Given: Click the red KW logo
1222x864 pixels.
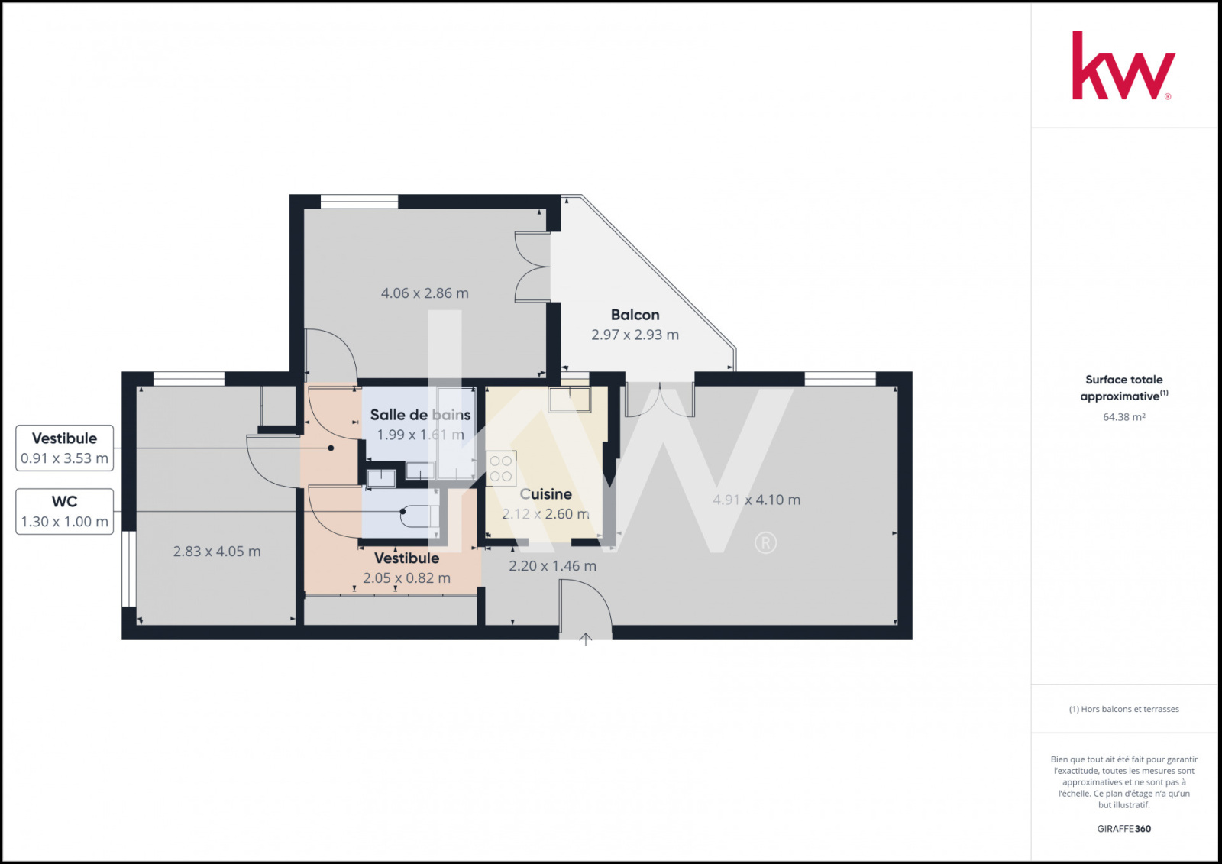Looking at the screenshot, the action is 1123,66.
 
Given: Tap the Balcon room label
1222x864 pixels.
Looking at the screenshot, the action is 635,315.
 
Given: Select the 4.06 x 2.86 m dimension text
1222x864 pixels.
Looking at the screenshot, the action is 425,293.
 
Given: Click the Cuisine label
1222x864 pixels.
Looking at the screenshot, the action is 545,494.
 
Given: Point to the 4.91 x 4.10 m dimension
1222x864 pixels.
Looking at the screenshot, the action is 757,500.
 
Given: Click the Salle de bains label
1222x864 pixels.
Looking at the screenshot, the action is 420,415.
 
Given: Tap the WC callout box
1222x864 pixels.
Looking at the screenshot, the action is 64,511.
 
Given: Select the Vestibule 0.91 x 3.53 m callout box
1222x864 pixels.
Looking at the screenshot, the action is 64,448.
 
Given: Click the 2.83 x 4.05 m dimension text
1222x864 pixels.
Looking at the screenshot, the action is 217,552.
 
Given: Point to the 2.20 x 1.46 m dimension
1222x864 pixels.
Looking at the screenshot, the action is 552,566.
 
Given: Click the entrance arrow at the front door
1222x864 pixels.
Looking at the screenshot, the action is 585,639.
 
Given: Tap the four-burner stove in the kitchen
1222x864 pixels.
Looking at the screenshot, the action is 501,468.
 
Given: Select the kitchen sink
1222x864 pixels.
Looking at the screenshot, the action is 570,400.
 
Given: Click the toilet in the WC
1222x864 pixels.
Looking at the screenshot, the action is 419,516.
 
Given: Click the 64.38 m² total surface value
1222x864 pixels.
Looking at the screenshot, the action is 1123,417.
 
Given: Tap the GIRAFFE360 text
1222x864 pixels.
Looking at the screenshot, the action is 1123,829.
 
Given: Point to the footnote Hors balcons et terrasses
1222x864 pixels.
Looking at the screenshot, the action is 1123,709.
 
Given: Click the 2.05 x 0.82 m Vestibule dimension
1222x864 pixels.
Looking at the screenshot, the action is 406,578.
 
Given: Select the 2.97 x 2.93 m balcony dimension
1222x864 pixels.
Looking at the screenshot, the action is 635,335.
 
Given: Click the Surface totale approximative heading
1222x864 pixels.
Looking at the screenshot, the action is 1123,387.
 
